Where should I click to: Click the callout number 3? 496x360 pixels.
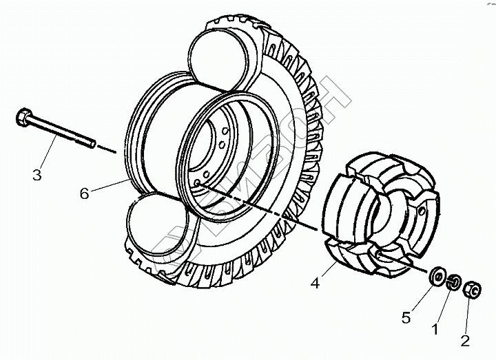37,174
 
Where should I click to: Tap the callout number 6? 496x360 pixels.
84,193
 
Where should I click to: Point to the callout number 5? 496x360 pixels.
406,318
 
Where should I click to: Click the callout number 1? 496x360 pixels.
435,330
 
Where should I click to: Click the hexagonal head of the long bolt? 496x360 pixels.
21,118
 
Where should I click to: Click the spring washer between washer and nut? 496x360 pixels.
454,282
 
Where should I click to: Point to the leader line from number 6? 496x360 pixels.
110,184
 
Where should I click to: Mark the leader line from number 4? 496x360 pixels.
328,271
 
